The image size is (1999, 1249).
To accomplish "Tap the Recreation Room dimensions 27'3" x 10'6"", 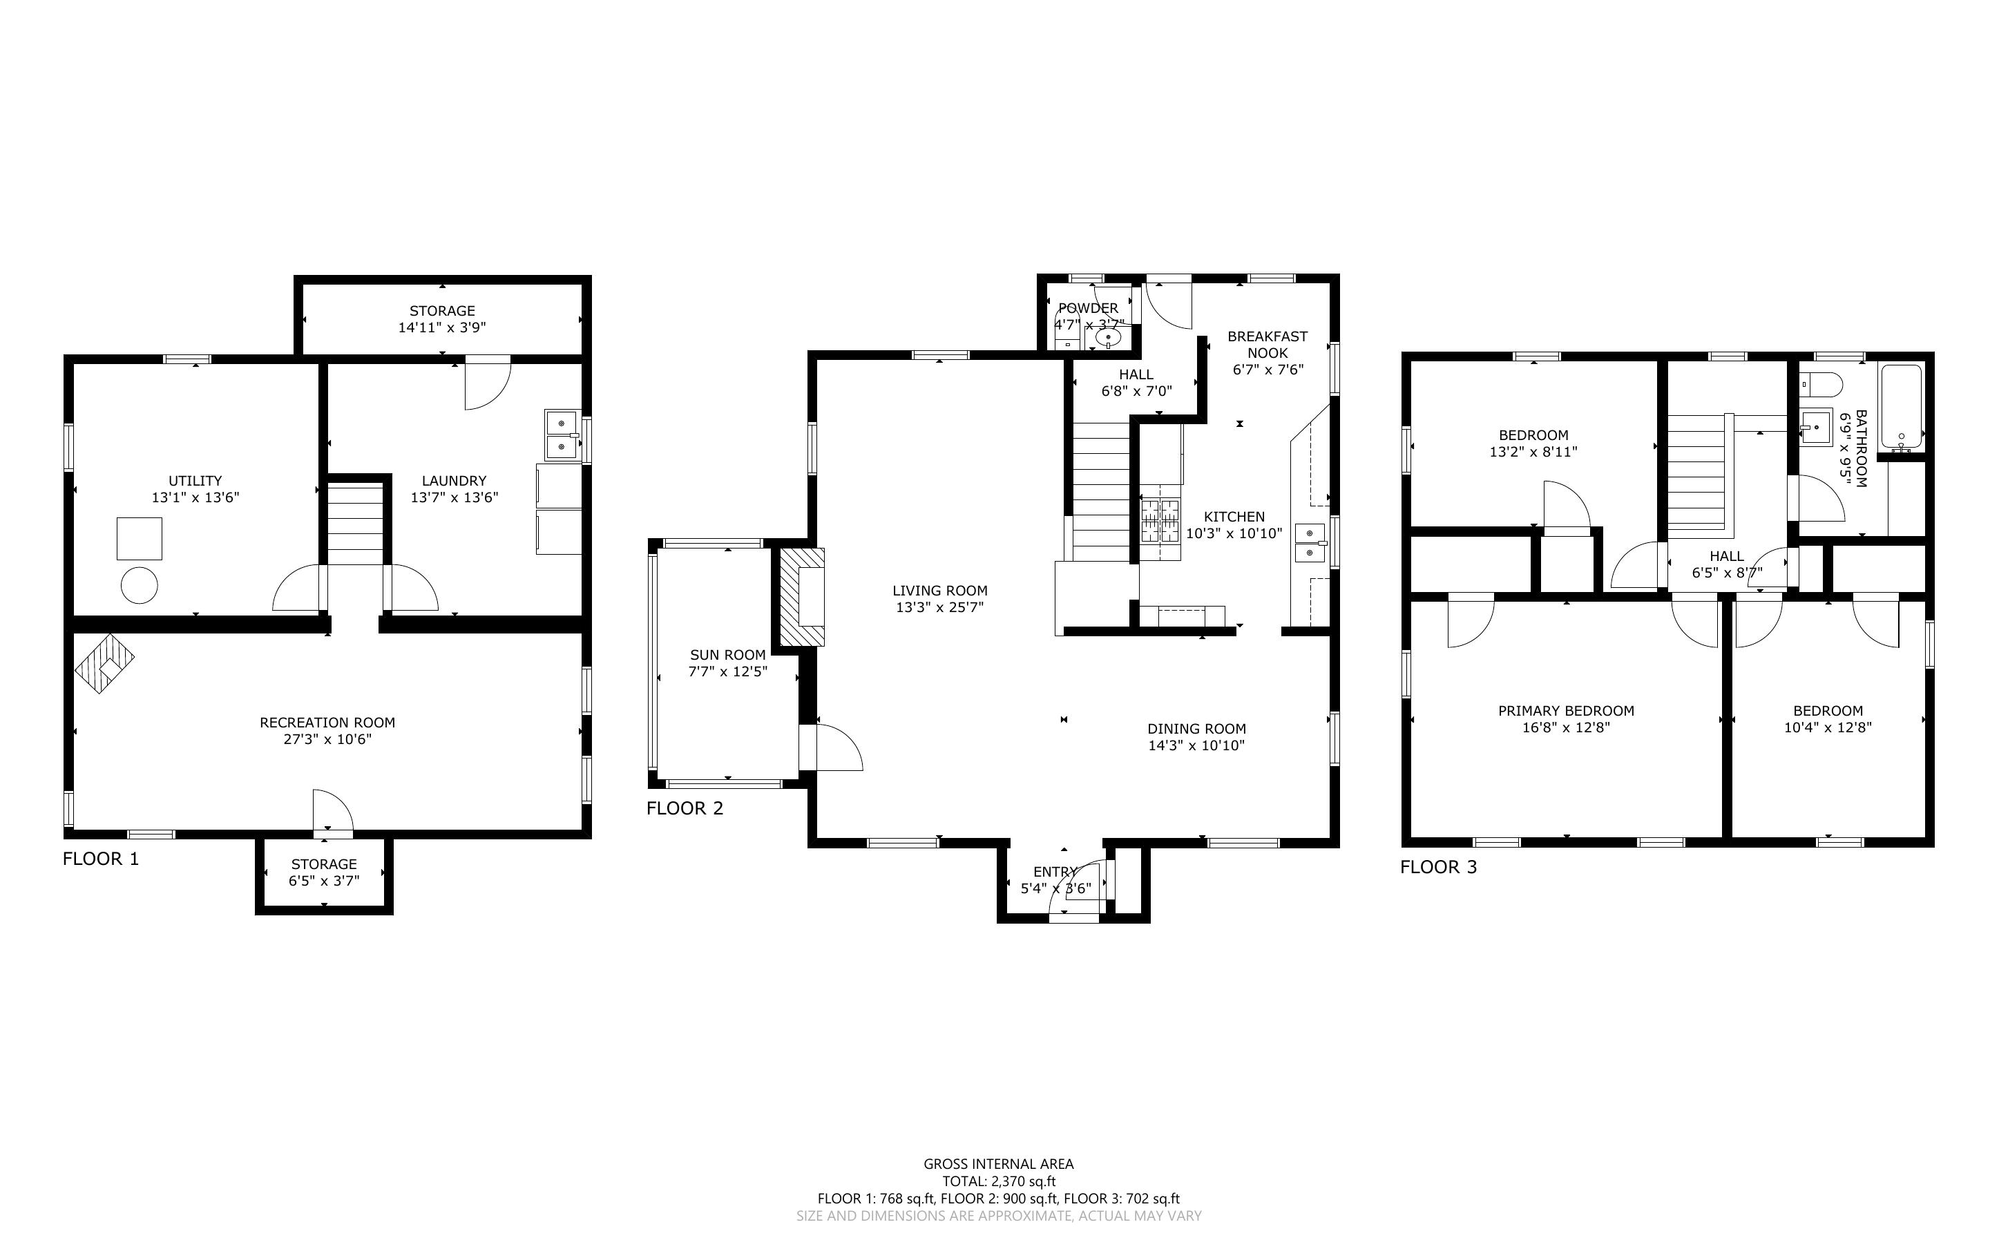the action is [x=328, y=739].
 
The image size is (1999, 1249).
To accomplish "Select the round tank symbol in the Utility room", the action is [x=140, y=586].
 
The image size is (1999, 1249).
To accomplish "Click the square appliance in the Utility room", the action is [x=140, y=539].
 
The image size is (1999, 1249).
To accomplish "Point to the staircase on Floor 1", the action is [x=356, y=524].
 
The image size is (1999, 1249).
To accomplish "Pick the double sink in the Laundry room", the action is [x=562, y=435].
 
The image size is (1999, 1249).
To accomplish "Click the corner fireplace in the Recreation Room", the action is [x=104, y=663].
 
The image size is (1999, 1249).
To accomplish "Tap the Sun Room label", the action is [x=728, y=655].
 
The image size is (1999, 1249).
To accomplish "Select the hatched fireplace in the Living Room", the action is [x=803, y=598].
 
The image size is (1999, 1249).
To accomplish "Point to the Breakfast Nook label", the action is [x=1268, y=345].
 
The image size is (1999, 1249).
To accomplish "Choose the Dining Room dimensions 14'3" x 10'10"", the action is [x=1196, y=746].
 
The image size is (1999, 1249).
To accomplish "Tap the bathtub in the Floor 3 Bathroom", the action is [x=1901, y=408].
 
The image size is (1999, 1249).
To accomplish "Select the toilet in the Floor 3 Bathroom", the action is [x=1821, y=384].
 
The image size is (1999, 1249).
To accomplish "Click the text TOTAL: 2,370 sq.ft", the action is [x=999, y=1181].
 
